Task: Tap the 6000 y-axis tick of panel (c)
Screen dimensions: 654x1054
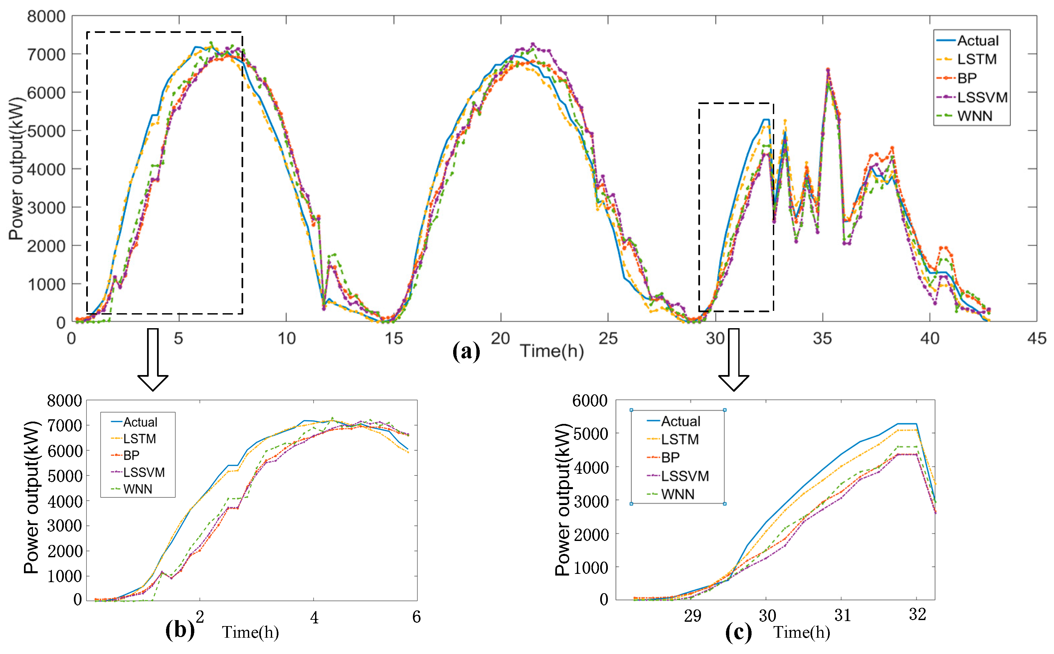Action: point(590,401)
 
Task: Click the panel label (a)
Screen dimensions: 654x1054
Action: point(466,351)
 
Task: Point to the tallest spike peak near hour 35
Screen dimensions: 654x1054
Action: point(828,69)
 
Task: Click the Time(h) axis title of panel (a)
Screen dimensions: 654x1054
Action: point(552,351)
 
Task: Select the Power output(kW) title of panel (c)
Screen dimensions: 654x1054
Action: point(562,500)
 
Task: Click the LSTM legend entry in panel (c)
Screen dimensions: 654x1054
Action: point(680,440)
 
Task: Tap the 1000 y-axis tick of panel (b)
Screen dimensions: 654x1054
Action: point(64,576)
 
